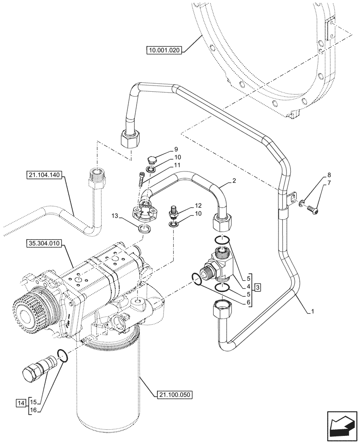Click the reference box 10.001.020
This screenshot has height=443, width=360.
(163, 50)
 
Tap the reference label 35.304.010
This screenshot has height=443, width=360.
(45, 243)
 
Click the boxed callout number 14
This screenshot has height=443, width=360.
(21, 403)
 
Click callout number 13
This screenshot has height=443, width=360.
(115, 216)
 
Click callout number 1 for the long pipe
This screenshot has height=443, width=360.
(312, 311)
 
